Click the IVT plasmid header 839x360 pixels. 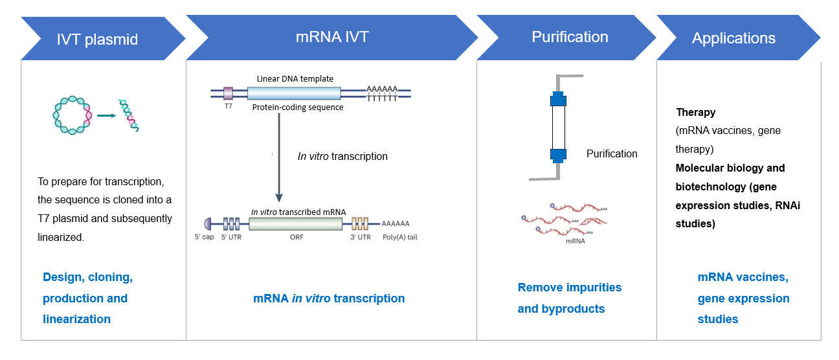point(96,39)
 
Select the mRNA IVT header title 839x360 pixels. point(331,37)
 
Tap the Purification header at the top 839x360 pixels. point(570,37)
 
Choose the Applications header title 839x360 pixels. point(733,38)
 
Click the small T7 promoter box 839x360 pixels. point(228,93)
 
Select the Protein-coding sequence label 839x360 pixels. point(298,107)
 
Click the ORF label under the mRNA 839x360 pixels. point(295,237)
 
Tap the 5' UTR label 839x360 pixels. point(231,237)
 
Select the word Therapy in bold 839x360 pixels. point(696,112)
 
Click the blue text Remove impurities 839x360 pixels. point(569,287)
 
